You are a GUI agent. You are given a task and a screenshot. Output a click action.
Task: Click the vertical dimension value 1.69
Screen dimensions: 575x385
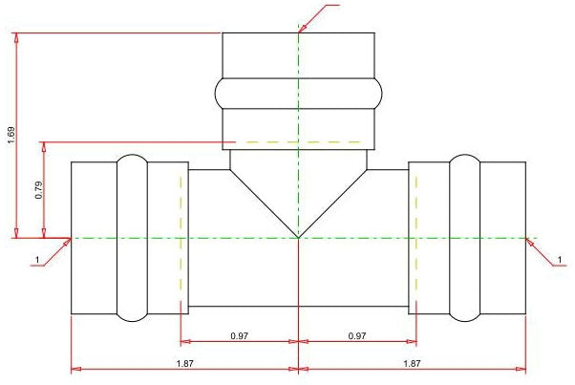pyautogui.click(x=11, y=135)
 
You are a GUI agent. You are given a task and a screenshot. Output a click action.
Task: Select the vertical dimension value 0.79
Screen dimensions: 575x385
pyautogui.click(x=39, y=190)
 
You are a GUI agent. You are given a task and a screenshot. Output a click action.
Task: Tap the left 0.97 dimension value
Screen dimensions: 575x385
pyautogui.click(x=240, y=335)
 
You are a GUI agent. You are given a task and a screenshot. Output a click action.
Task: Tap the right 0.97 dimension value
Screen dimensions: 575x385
pyautogui.click(x=357, y=335)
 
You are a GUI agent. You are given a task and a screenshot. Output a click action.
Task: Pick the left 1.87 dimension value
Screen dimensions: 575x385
pyautogui.click(x=185, y=363)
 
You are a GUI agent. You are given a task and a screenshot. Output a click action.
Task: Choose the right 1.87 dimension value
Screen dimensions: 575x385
pyautogui.click(x=412, y=363)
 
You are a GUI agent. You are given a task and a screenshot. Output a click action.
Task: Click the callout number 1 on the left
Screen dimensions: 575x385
pyautogui.click(x=37, y=260)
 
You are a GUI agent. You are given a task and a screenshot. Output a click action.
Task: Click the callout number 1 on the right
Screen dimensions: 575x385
pyautogui.click(x=560, y=260)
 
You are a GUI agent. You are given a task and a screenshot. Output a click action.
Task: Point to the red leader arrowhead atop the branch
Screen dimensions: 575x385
pyautogui.click(x=302, y=29)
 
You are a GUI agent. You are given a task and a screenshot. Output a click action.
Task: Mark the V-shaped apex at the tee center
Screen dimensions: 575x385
pyautogui.click(x=299, y=238)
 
